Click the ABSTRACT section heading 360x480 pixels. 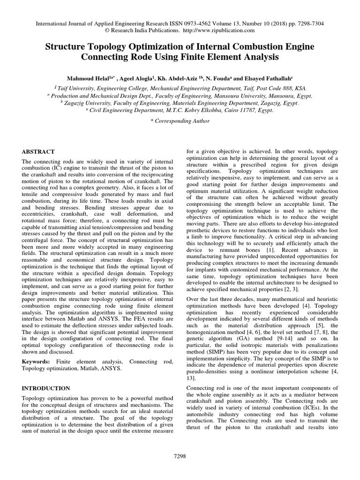tap(38, 152)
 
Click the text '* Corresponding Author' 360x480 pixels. tap(180, 121)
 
